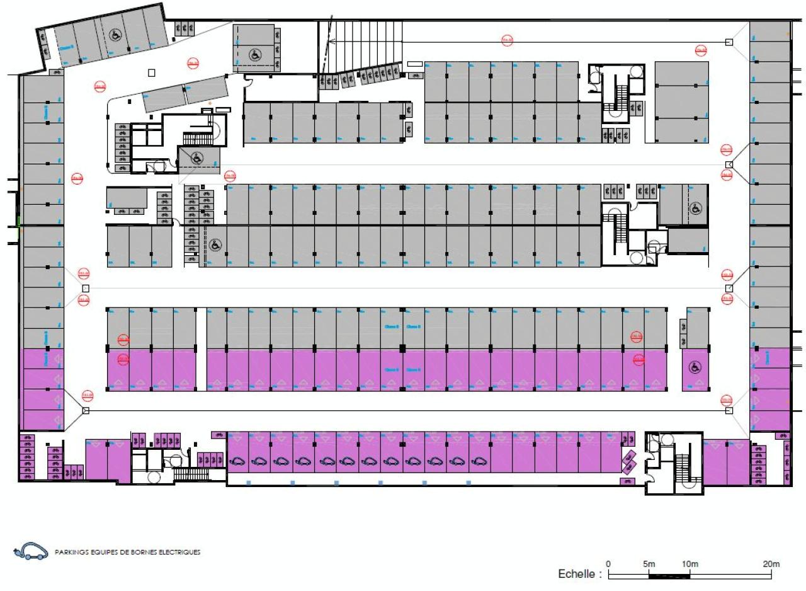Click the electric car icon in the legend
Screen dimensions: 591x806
coord(30,552)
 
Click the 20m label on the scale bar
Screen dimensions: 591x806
coord(771,564)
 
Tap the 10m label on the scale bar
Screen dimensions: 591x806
coord(690,564)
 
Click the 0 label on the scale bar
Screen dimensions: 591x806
coord(608,564)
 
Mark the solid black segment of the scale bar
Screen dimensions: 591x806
coord(669,576)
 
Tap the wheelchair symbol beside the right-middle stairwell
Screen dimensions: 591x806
coord(696,208)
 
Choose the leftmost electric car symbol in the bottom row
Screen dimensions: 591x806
coord(237,461)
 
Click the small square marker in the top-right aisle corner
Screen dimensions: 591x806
coord(729,42)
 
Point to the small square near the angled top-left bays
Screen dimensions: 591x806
coord(151,72)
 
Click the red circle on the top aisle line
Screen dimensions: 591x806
coord(507,40)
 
